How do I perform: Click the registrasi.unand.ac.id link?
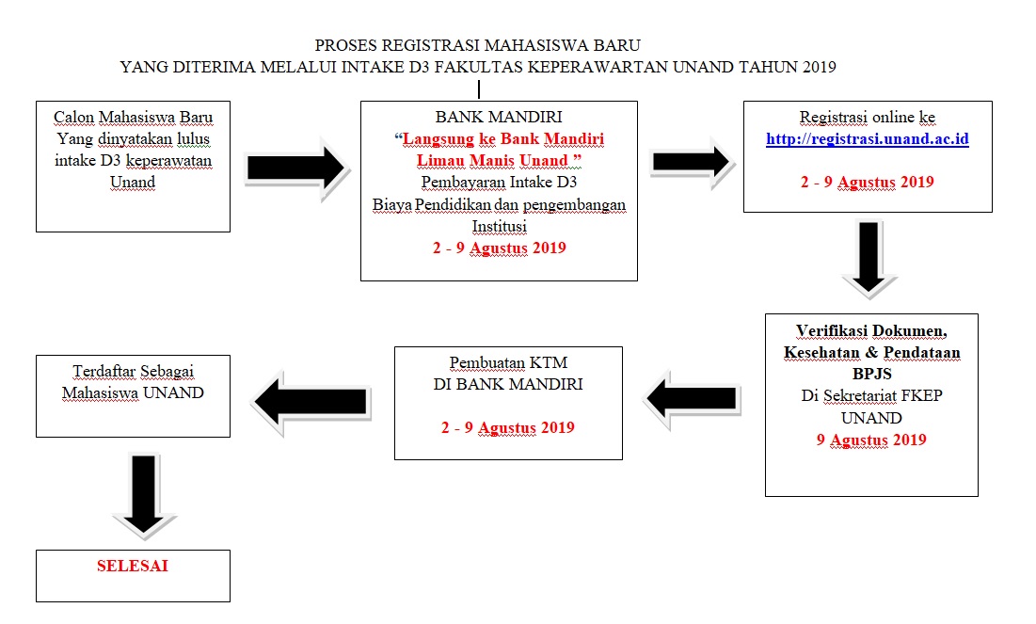coord(867,139)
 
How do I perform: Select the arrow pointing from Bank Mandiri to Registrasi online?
coord(690,162)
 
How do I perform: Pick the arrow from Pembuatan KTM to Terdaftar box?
coord(311,402)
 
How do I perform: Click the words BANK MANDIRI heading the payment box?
coord(499,117)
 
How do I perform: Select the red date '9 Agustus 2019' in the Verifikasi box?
coord(871,440)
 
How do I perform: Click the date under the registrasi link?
coord(867,182)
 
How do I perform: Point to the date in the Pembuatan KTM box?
coord(508,427)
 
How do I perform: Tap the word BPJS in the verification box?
coord(871,374)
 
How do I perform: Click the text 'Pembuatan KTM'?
coord(508,363)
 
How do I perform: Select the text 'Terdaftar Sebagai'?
coord(133,371)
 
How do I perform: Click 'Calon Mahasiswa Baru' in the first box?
coord(133,118)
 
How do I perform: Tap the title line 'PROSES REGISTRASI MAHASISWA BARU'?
coord(478,45)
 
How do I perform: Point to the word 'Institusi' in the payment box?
coord(499,226)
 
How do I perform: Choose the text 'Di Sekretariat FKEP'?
coord(871,396)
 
